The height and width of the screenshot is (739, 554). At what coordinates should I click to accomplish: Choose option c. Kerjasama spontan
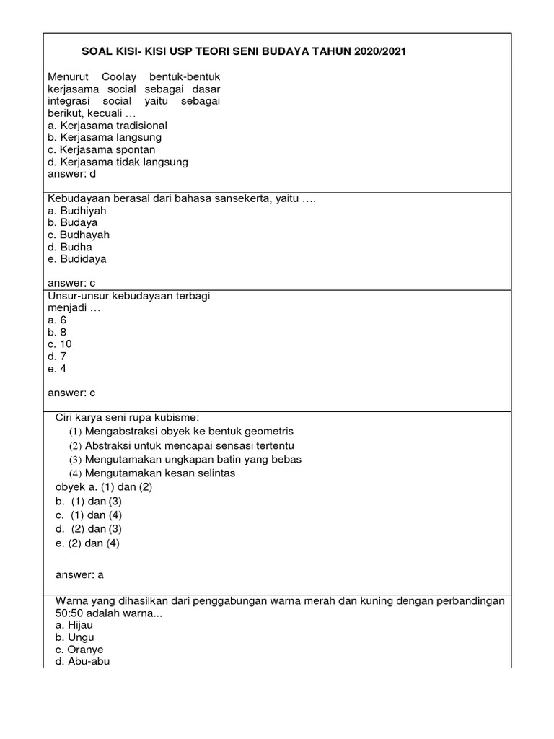(x=101, y=149)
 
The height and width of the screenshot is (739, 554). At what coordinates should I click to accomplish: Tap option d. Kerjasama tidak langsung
(x=118, y=162)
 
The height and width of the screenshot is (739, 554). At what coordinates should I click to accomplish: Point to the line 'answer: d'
(x=71, y=174)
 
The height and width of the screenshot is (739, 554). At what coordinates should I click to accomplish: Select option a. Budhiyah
(x=76, y=211)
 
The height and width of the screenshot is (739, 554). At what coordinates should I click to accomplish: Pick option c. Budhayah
(x=79, y=235)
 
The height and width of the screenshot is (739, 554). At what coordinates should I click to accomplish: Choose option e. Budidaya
(x=77, y=258)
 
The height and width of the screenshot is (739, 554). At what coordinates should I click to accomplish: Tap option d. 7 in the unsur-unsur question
(x=57, y=357)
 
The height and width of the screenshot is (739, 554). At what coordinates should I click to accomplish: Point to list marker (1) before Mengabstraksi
(x=76, y=432)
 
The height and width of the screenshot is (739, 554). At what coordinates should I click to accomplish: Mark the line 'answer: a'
(x=80, y=574)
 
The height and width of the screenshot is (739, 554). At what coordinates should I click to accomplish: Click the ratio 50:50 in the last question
(x=71, y=613)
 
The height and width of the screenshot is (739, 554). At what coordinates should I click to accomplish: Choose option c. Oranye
(x=74, y=649)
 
